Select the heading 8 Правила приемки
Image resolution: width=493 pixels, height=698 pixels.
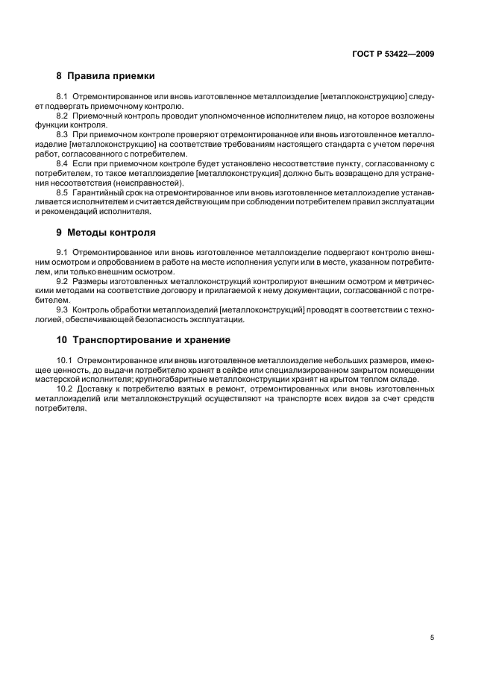[106, 75]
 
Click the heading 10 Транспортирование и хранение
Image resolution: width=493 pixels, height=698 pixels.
[143, 339]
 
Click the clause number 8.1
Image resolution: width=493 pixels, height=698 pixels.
[63, 98]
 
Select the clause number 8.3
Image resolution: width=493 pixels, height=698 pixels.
[63, 133]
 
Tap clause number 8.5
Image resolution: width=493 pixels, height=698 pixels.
[63, 193]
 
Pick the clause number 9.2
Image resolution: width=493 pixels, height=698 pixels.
[63, 281]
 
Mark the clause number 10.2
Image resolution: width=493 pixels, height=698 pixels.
[65, 389]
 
